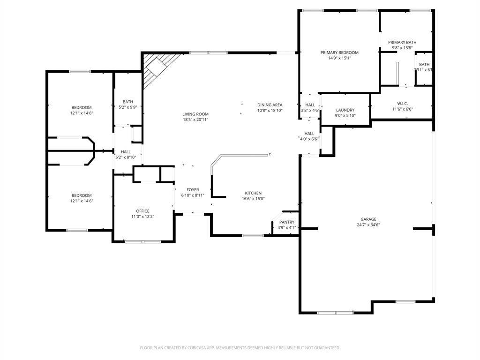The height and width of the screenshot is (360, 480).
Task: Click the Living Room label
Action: pyautogui.click(x=195, y=114)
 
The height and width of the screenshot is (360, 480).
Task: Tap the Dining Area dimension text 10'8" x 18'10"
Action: pyautogui.click(x=270, y=111)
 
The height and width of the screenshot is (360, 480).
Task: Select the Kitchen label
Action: pyautogui.click(x=253, y=193)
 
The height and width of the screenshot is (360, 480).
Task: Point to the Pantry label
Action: pyautogui.click(x=287, y=222)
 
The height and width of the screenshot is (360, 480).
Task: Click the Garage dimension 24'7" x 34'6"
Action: pyautogui.click(x=368, y=225)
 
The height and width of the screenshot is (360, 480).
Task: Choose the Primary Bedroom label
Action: pyautogui.click(x=339, y=52)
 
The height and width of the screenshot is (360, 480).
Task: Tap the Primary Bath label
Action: pyautogui.click(x=402, y=42)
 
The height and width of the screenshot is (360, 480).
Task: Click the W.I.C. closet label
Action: pyautogui.click(x=402, y=103)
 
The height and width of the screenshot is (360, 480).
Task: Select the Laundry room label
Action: pyautogui.click(x=345, y=110)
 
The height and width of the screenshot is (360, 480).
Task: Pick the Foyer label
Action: pyautogui.click(x=193, y=190)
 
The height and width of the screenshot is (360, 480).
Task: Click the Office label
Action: pyautogui.click(x=142, y=211)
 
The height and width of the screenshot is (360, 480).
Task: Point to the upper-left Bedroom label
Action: pyautogui.click(x=82, y=107)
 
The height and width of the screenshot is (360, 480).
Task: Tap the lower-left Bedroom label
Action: pyautogui.click(x=82, y=195)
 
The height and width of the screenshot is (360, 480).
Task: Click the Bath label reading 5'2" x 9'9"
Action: pyautogui.click(x=127, y=102)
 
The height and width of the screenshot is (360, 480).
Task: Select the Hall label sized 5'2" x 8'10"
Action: pyautogui.click(x=126, y=152)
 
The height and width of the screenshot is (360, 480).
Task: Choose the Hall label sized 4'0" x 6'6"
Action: pyautogui.click(x=309, y=134)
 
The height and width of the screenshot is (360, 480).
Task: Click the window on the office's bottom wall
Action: pyautogui.click(x=143, y=241)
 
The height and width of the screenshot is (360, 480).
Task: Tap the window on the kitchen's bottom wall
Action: pyautogui.click(x=252, y=235)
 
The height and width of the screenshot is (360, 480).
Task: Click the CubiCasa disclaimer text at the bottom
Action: pyautogui.click(x=240, y=348)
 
